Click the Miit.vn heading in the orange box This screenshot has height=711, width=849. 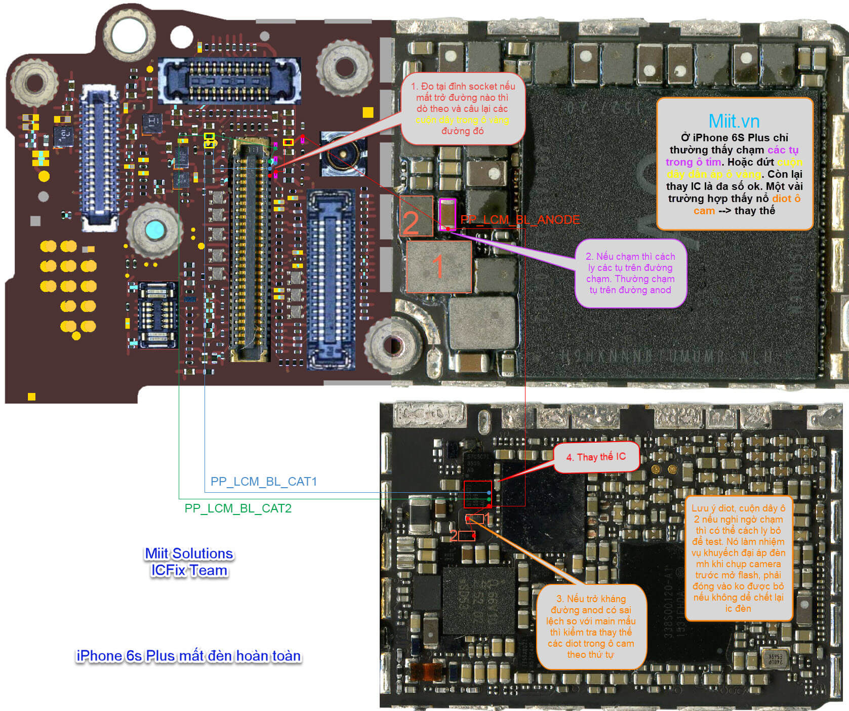coord(734,122)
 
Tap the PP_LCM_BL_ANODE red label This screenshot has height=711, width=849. coord(520,220)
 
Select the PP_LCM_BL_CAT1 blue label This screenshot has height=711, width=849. coord(263,482)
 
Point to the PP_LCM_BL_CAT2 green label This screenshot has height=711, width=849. coord(238,508)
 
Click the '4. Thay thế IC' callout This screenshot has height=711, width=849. coord(596,457)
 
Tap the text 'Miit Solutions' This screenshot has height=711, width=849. coord(189,554)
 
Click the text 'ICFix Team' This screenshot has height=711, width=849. coord(189,571)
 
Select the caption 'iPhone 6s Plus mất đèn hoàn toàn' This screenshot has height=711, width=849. coord(188,656)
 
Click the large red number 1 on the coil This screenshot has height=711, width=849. coord(438,266)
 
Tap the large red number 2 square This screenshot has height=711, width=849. coord(416,216)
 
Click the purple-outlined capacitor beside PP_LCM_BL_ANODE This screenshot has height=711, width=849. coord(448,214)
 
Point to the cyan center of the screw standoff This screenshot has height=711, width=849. coord(154,230)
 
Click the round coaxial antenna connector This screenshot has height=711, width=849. coord(343,154)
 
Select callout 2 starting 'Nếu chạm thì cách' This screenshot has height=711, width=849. coord(630,273)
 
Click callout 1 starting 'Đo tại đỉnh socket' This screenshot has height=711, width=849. coord(462,108)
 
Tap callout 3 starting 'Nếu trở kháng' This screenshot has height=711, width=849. coord(591,626)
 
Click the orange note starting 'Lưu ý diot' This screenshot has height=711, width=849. coord(738,558)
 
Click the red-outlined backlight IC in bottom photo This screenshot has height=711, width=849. coord(477,494)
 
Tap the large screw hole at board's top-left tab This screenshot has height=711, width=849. coord(129,34)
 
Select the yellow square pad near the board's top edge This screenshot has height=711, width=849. coord(368,112)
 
